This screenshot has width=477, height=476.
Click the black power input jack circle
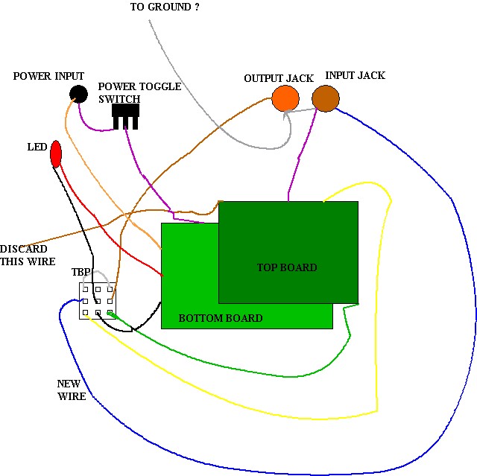tap(77, 94)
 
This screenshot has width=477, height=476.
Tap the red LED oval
tap(55, 154)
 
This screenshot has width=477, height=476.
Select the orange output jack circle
tap(285, 98)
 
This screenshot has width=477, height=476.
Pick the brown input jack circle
tap(325, 98)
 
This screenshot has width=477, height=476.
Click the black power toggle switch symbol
tap(125, 115)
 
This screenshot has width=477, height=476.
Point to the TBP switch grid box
tap(98, 301)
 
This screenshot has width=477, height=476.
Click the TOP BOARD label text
tap(287, 267)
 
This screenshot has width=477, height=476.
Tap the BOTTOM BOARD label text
tap(221, 318)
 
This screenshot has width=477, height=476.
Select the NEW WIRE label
tap(72, 390)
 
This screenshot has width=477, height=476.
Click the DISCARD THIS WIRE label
tap(24, 255)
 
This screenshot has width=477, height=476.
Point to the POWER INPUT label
tap(48, 77)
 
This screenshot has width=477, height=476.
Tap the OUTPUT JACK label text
tap(279, 79)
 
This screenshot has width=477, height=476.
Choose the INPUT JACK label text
tap(356, 76)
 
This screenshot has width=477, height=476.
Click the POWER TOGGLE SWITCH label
tap(139, 92)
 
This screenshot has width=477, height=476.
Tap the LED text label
tap(37, 147)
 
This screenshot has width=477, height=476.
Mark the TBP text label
tap(81, 273)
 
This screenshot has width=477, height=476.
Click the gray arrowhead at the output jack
tap(286, 115)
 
